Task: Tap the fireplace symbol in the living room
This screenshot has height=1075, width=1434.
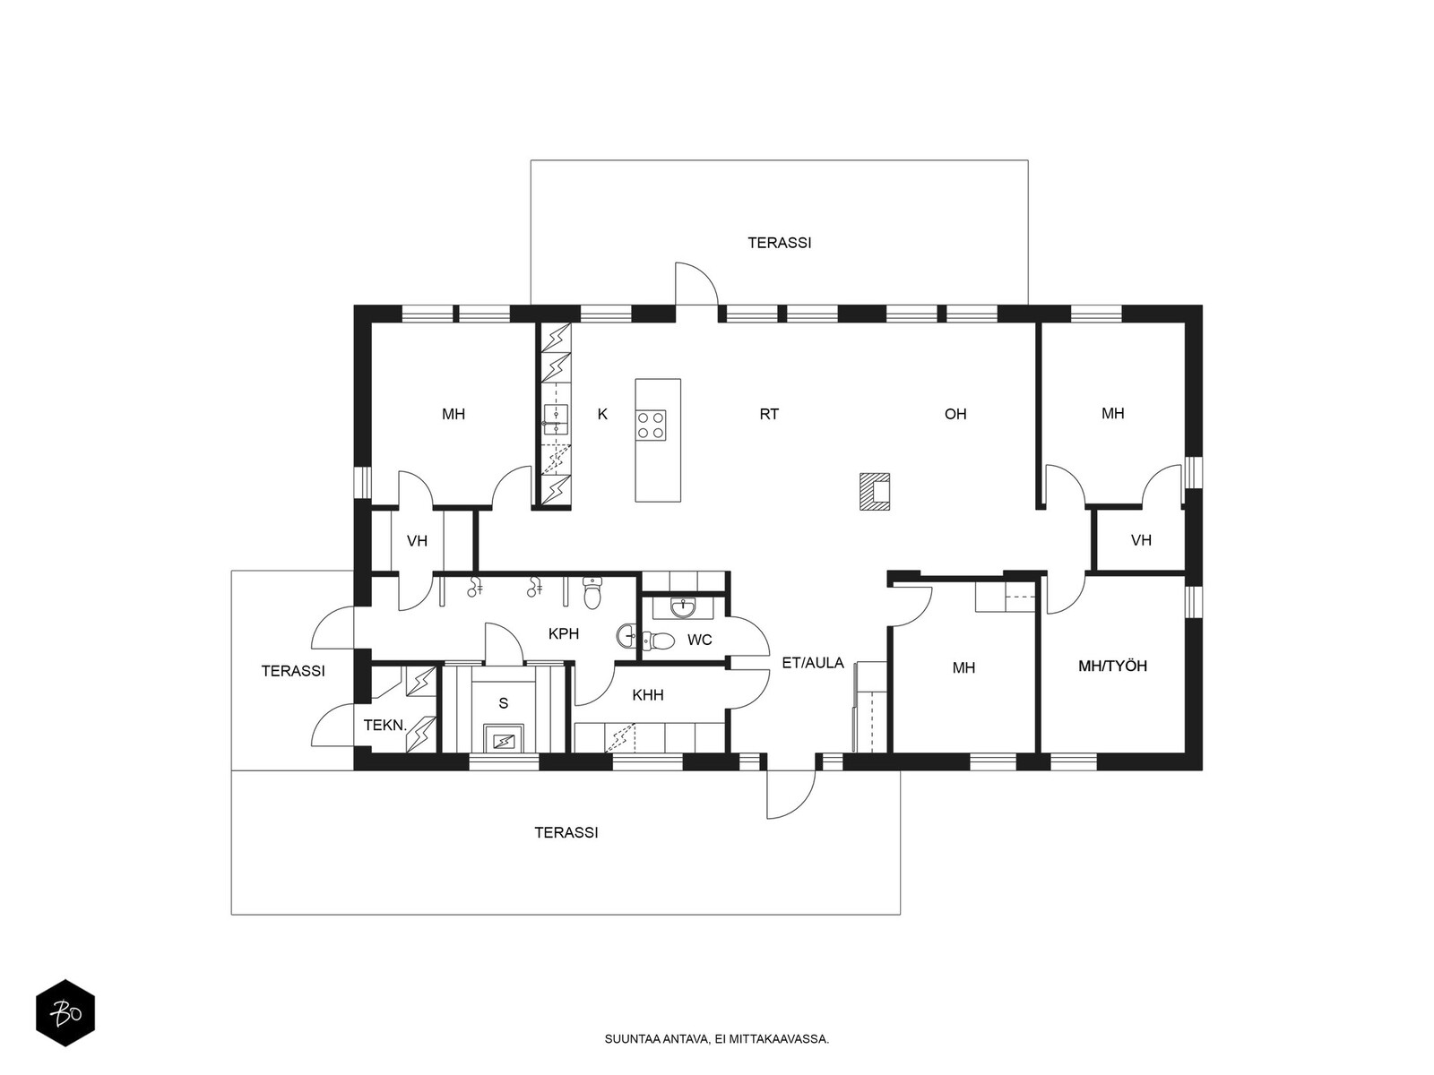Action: (x=874, y=491)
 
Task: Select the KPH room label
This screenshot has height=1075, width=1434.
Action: (x=563, y=633)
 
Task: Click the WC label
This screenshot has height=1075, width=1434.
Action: (x=699, y=641)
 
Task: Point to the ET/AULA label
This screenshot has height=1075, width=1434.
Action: (x=813, y=663)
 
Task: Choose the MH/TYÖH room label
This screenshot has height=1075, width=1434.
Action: (x=1112, y=666)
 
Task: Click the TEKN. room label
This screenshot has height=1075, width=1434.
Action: (x=384, y=725)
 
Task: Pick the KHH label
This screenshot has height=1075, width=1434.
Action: (x=647, y=696)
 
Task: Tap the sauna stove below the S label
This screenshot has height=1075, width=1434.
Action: (x=503, y=740)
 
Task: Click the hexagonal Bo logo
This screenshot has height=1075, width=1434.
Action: (x=65, y=1013)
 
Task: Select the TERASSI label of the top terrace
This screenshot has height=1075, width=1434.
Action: (x=780, y=243)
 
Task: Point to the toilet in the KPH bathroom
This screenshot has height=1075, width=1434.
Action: (x=592, y=592)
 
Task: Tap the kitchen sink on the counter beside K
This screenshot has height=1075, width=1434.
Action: (x=556, y=419)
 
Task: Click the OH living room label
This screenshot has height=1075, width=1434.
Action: (x=955, y=414)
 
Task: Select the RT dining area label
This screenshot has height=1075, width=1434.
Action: (x=769, y=414)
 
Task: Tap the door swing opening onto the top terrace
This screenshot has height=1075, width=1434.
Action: (x=696, y=283)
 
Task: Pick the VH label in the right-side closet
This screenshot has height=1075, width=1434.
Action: (x=1141, y=540)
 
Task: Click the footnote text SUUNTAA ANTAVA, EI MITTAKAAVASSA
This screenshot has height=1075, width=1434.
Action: (x=717, y=1039)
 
